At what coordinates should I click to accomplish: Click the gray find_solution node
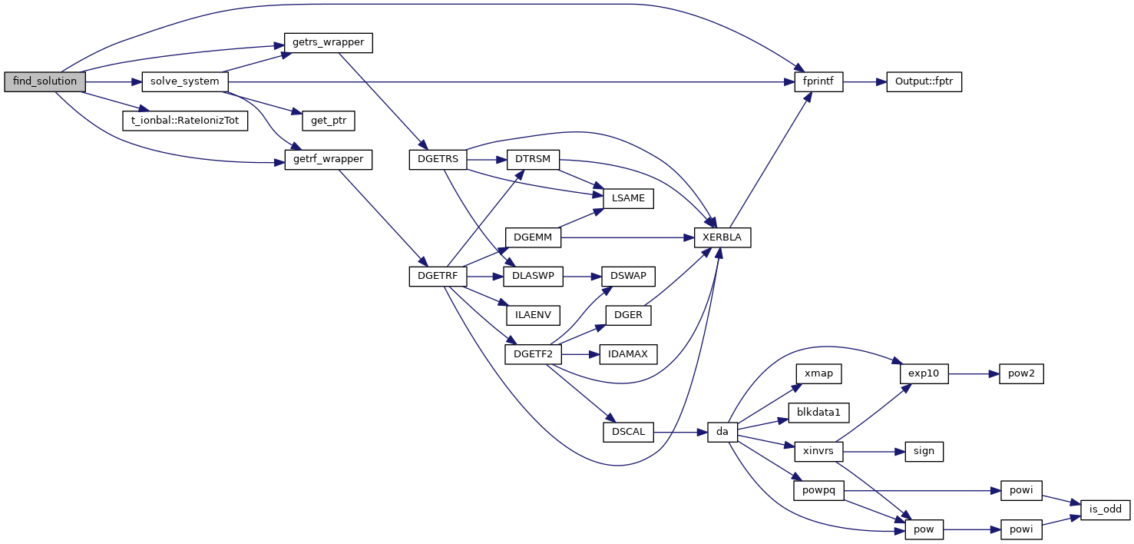pyautogui.click(x=45, y=81)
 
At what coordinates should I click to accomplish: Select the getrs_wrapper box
pyautogui.click(x=328, y=42)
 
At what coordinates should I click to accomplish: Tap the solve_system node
pyautogui.click(x=184, y=81)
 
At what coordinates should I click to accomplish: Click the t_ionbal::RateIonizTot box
pyautogui.click(x=186, y=121)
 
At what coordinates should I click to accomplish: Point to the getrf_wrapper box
pyautogui.click(x=328, y=160)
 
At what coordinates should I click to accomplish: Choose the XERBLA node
pyautogui.click(x=722, y=237)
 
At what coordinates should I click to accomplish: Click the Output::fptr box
pyautogui.click(x=924, y=81)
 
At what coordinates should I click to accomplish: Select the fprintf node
pyautogui.click(x=818, y=81)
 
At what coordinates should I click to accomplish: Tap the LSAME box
pyautogui.click(x=628, y=199)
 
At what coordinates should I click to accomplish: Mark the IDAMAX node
pyautogui.click(x=628, y=354)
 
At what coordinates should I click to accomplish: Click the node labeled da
pyautogui.click(x=722, y=432)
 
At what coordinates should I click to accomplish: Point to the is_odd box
pyautogui.click(x=1106, y=509)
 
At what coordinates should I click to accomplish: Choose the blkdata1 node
pyautogui.click(x=818, y=413)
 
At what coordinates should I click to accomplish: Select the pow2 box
pyautogui.click(x=1021, y=374)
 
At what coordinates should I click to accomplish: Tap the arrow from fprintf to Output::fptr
pyautogui.click(x=865, y=81)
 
